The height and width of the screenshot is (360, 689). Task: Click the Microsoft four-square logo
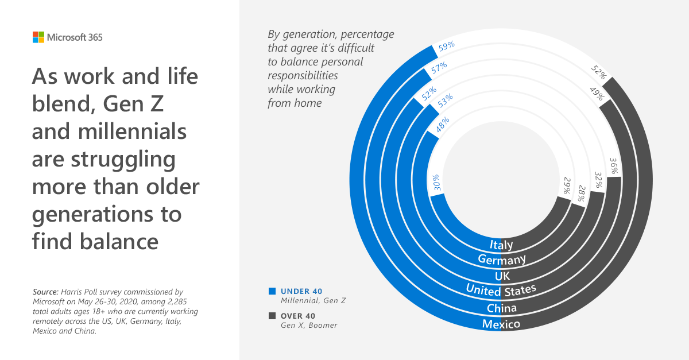click(x=38, y=37)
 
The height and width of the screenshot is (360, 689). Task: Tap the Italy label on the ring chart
click(x=501, y=245)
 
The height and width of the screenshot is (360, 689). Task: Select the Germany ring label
click(x=502, y=260)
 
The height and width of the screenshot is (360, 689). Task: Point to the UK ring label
click(x=502, y=276)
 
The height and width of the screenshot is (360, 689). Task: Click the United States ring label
click(x=501, y=289)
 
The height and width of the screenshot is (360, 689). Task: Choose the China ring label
click(x=501, y=308)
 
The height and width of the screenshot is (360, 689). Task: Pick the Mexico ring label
click(x=501, y=324)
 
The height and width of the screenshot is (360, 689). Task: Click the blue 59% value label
click(x=447, y=46)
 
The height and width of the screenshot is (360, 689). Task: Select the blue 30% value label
click(x=437, y=182)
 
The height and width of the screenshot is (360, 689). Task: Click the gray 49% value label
click(x=596, y=93)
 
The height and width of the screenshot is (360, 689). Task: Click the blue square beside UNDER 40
click(x=272, y=291)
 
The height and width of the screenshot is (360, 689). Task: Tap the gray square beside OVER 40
click(x=272, y=316)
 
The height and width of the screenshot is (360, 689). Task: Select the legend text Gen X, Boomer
click(x=309, y=326)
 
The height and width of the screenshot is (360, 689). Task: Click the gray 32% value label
click(x=598, y=180)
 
